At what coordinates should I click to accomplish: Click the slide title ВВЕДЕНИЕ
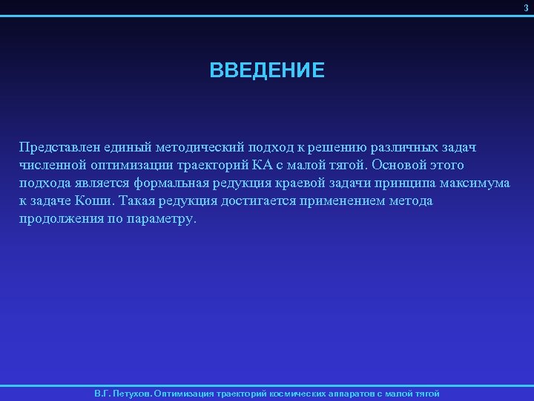267,71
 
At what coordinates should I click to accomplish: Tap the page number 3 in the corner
527,7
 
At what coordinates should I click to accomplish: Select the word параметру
164,221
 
